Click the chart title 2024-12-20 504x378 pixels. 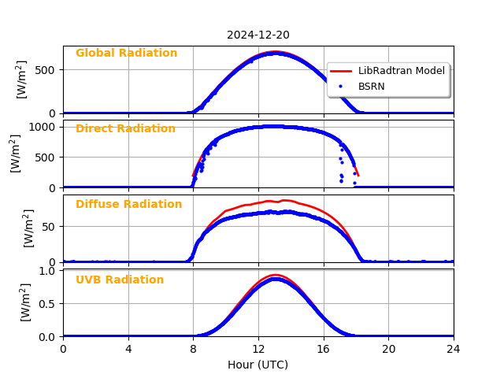pyautogui.click(x=258, y=35)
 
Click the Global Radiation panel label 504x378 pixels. pyautogui.click(x=126, y=54)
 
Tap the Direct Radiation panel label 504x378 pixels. pyautogui.click(x=125, y=129)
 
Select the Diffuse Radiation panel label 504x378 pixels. pyautogui.click(x=128, y=205)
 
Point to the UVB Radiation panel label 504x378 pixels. pyautogui.click(x=120, y=280)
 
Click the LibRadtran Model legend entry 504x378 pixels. pyautogui.click(x=401, y=71)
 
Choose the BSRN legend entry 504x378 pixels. pyautogui.click(x=371, y=87)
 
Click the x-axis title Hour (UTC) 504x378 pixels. pyautogui.click(x=258, y=365)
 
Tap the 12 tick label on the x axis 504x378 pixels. pyautogui.click(x=258, y=349)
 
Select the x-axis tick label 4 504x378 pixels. pyautogui.click(x=128, y=349)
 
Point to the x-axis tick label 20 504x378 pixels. pyautogui.click(x=388, y=349)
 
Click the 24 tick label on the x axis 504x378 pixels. pyautogui.click(x=454, y=349)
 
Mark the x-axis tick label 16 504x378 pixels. pyautogui.click(x=323, y=349)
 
